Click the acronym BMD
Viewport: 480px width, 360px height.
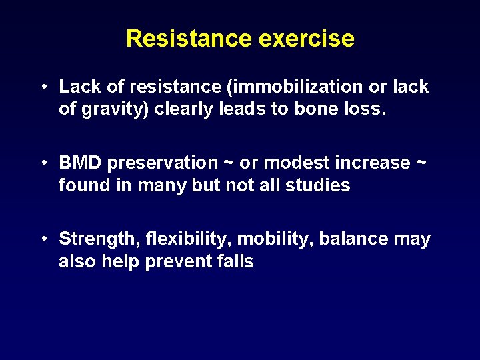80,163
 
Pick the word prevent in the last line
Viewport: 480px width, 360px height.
177,261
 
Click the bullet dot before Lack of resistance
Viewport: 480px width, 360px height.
43,87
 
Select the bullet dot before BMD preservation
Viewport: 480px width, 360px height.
43,163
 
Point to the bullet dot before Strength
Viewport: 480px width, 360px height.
43,239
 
